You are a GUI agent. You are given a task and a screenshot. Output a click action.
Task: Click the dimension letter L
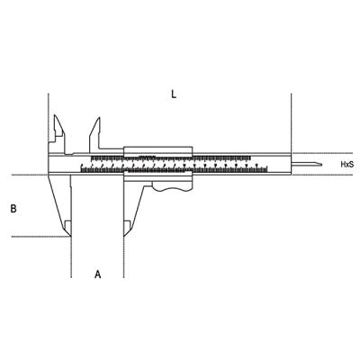pyautogui.click(x=174, y=94)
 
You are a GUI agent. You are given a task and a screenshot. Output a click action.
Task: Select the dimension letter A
pyautogui.click(x=98, y=274)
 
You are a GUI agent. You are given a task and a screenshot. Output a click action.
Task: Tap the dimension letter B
pyautogui.click(x=13, y=209)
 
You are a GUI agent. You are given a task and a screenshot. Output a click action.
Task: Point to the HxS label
pyautogui.click(x=347, y=164)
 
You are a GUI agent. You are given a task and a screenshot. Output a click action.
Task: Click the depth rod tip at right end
pyautogui.click(x=321, y=164)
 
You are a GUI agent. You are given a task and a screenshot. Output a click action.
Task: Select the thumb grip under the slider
pyautogui.click(x=172, y=186)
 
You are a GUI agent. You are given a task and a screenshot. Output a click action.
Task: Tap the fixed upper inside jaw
pyautogui.click(x=59, y=133)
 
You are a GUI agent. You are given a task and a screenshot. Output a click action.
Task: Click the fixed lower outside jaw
pyautogui.click(x=60, y=205)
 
